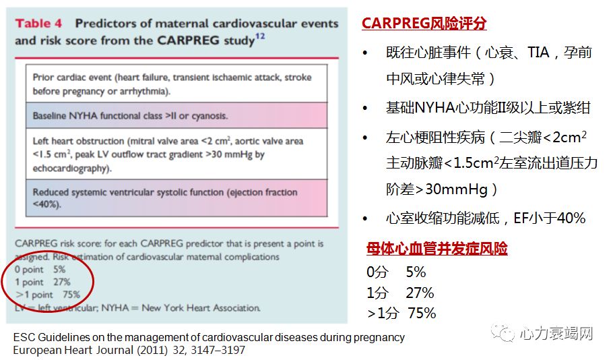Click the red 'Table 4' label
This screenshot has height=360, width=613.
38,24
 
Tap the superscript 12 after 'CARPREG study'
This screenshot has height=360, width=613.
260,36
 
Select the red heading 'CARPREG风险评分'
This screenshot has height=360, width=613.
424,23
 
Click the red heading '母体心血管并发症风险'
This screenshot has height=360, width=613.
437,249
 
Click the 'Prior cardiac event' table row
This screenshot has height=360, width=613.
176,84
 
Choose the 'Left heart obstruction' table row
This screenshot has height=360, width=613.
176,154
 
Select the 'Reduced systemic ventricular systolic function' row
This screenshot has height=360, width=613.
176,198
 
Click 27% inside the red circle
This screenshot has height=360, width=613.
62,282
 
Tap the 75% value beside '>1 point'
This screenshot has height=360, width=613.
71,294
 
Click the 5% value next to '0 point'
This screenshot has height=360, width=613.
59,269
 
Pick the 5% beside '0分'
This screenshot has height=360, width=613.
416,272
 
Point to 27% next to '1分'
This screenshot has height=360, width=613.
420,293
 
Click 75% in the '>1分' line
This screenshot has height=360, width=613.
422,313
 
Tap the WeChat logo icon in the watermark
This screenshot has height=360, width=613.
503,333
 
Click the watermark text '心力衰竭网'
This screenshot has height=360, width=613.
556,334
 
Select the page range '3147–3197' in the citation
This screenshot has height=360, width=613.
218,350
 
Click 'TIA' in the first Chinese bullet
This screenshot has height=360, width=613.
538,52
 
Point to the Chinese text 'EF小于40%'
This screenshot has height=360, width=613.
549,218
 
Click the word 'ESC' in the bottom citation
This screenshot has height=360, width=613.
24,337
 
